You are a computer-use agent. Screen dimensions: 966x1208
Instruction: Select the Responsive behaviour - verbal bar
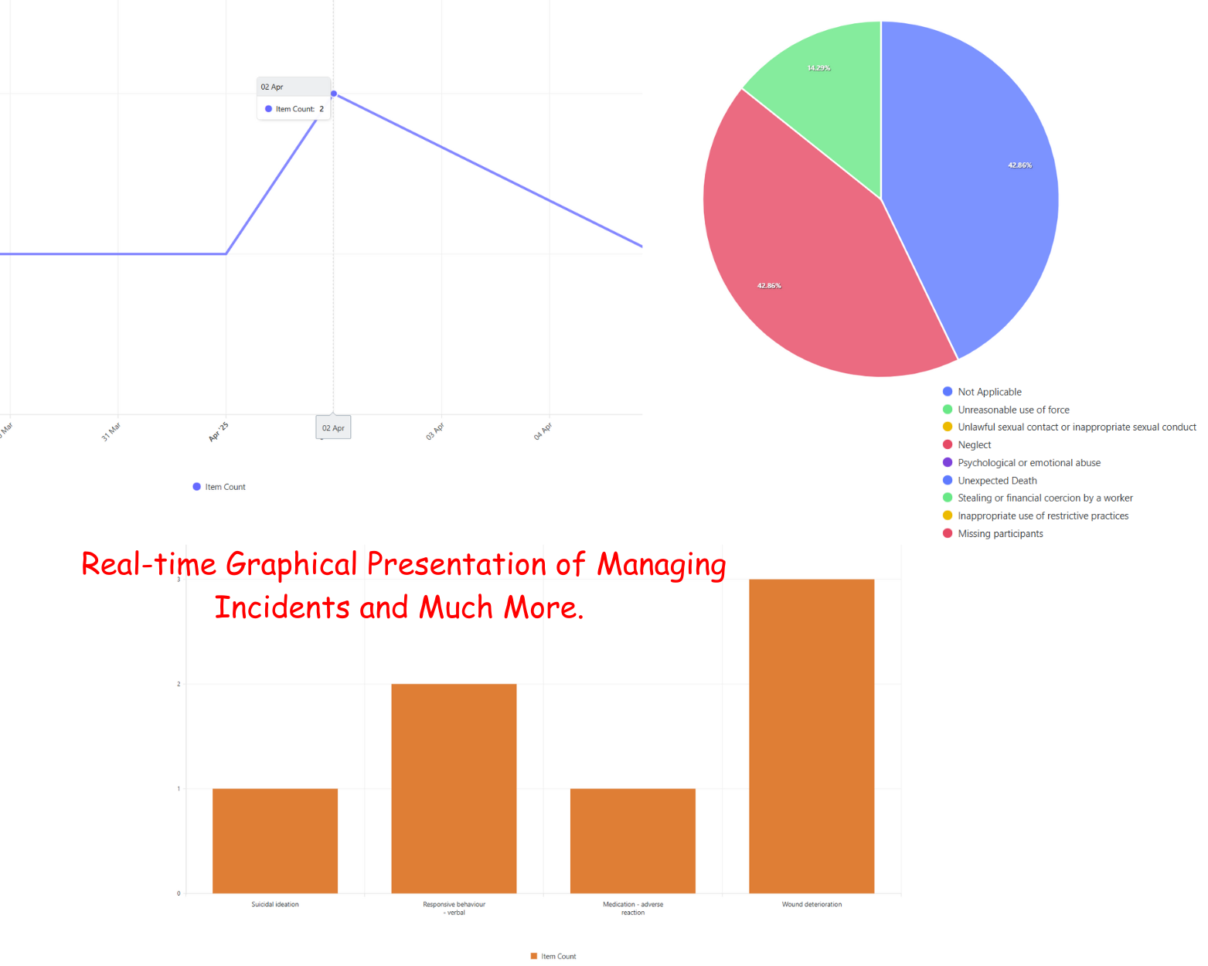coord(454,788)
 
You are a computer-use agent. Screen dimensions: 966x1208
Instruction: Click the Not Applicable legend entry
coord(989,392)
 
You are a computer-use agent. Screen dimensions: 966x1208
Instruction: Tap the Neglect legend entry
coord(974,445)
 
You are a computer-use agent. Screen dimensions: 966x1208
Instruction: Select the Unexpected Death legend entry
coord(997,481)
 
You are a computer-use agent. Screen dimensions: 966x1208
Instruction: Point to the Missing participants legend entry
coord(1000,534)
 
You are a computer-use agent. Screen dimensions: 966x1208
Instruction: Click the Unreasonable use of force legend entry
coord(1013,410)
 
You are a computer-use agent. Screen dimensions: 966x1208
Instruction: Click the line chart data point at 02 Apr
coord(334,94)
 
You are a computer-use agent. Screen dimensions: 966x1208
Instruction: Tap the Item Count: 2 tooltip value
coord(300,109)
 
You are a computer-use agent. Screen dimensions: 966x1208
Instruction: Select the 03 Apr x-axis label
coord(435,431)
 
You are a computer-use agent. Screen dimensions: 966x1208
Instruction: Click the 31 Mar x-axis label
coord(111,431)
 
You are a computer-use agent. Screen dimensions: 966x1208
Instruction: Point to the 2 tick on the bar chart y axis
coord(179,684)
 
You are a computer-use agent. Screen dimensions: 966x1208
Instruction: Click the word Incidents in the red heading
coord(281,607)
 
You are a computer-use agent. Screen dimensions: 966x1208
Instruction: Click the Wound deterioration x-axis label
coord(812,904)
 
